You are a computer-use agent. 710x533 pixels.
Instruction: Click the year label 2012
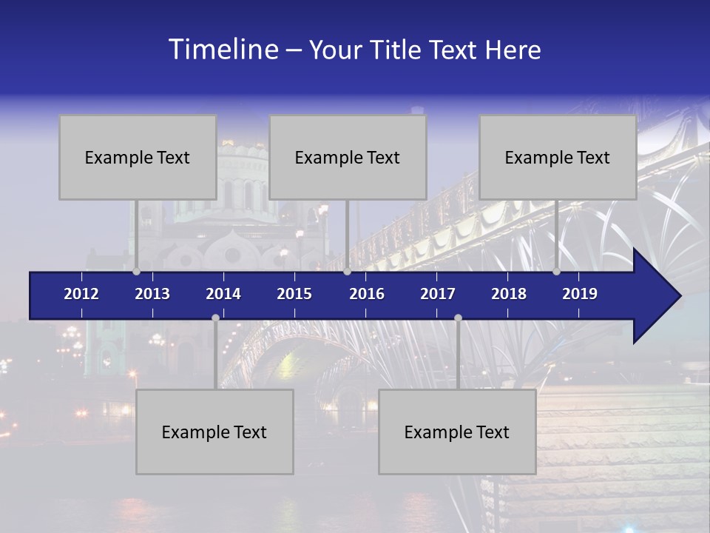click(x=81, y=294)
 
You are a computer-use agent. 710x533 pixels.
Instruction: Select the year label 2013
click(x=152, y=294)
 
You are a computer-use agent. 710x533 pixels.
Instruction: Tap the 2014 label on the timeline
click(x=223, y=294)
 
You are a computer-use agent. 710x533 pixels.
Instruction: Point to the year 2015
click(x=294, y=294)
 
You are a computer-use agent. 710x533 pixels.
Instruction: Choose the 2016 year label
click(x=367, y=294)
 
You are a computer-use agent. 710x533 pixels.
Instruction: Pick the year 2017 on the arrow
click(x=438, y=294)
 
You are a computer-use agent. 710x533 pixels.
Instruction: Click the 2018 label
click(x=509, y=294)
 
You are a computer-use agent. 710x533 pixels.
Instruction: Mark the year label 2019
click(x=580, y=294)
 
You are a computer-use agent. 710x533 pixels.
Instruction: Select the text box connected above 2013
click(x=138, y=157)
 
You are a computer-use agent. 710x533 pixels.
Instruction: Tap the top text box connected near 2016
click(x=348, y=157)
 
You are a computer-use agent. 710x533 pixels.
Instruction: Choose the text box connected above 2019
click(x=558, y=157)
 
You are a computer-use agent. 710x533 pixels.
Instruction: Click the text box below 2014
click(x=214, y=432)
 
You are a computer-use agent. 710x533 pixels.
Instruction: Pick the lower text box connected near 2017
click(x=457, y=432)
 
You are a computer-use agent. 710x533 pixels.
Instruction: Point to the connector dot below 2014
click(x=215, y=318)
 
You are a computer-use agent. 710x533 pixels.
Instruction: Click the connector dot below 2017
click(x=458, y=318)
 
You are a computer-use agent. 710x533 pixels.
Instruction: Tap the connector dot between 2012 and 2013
click(x=136, y=272)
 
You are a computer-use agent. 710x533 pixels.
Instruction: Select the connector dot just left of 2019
click(x=556, y=272)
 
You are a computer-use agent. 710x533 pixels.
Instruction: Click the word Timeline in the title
click(x=223, y=50)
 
